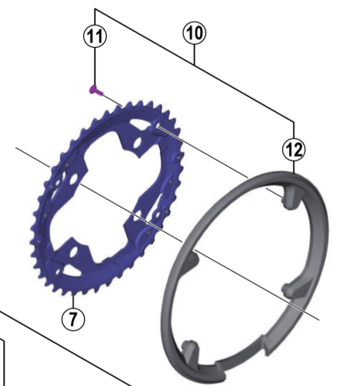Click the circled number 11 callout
(95, 36)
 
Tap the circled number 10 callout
(195, 33)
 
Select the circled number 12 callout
(294, 150)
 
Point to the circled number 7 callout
(73, 319)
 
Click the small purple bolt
(96, 90)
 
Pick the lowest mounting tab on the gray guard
(190, 350)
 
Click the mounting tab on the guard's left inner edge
(192, 261)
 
